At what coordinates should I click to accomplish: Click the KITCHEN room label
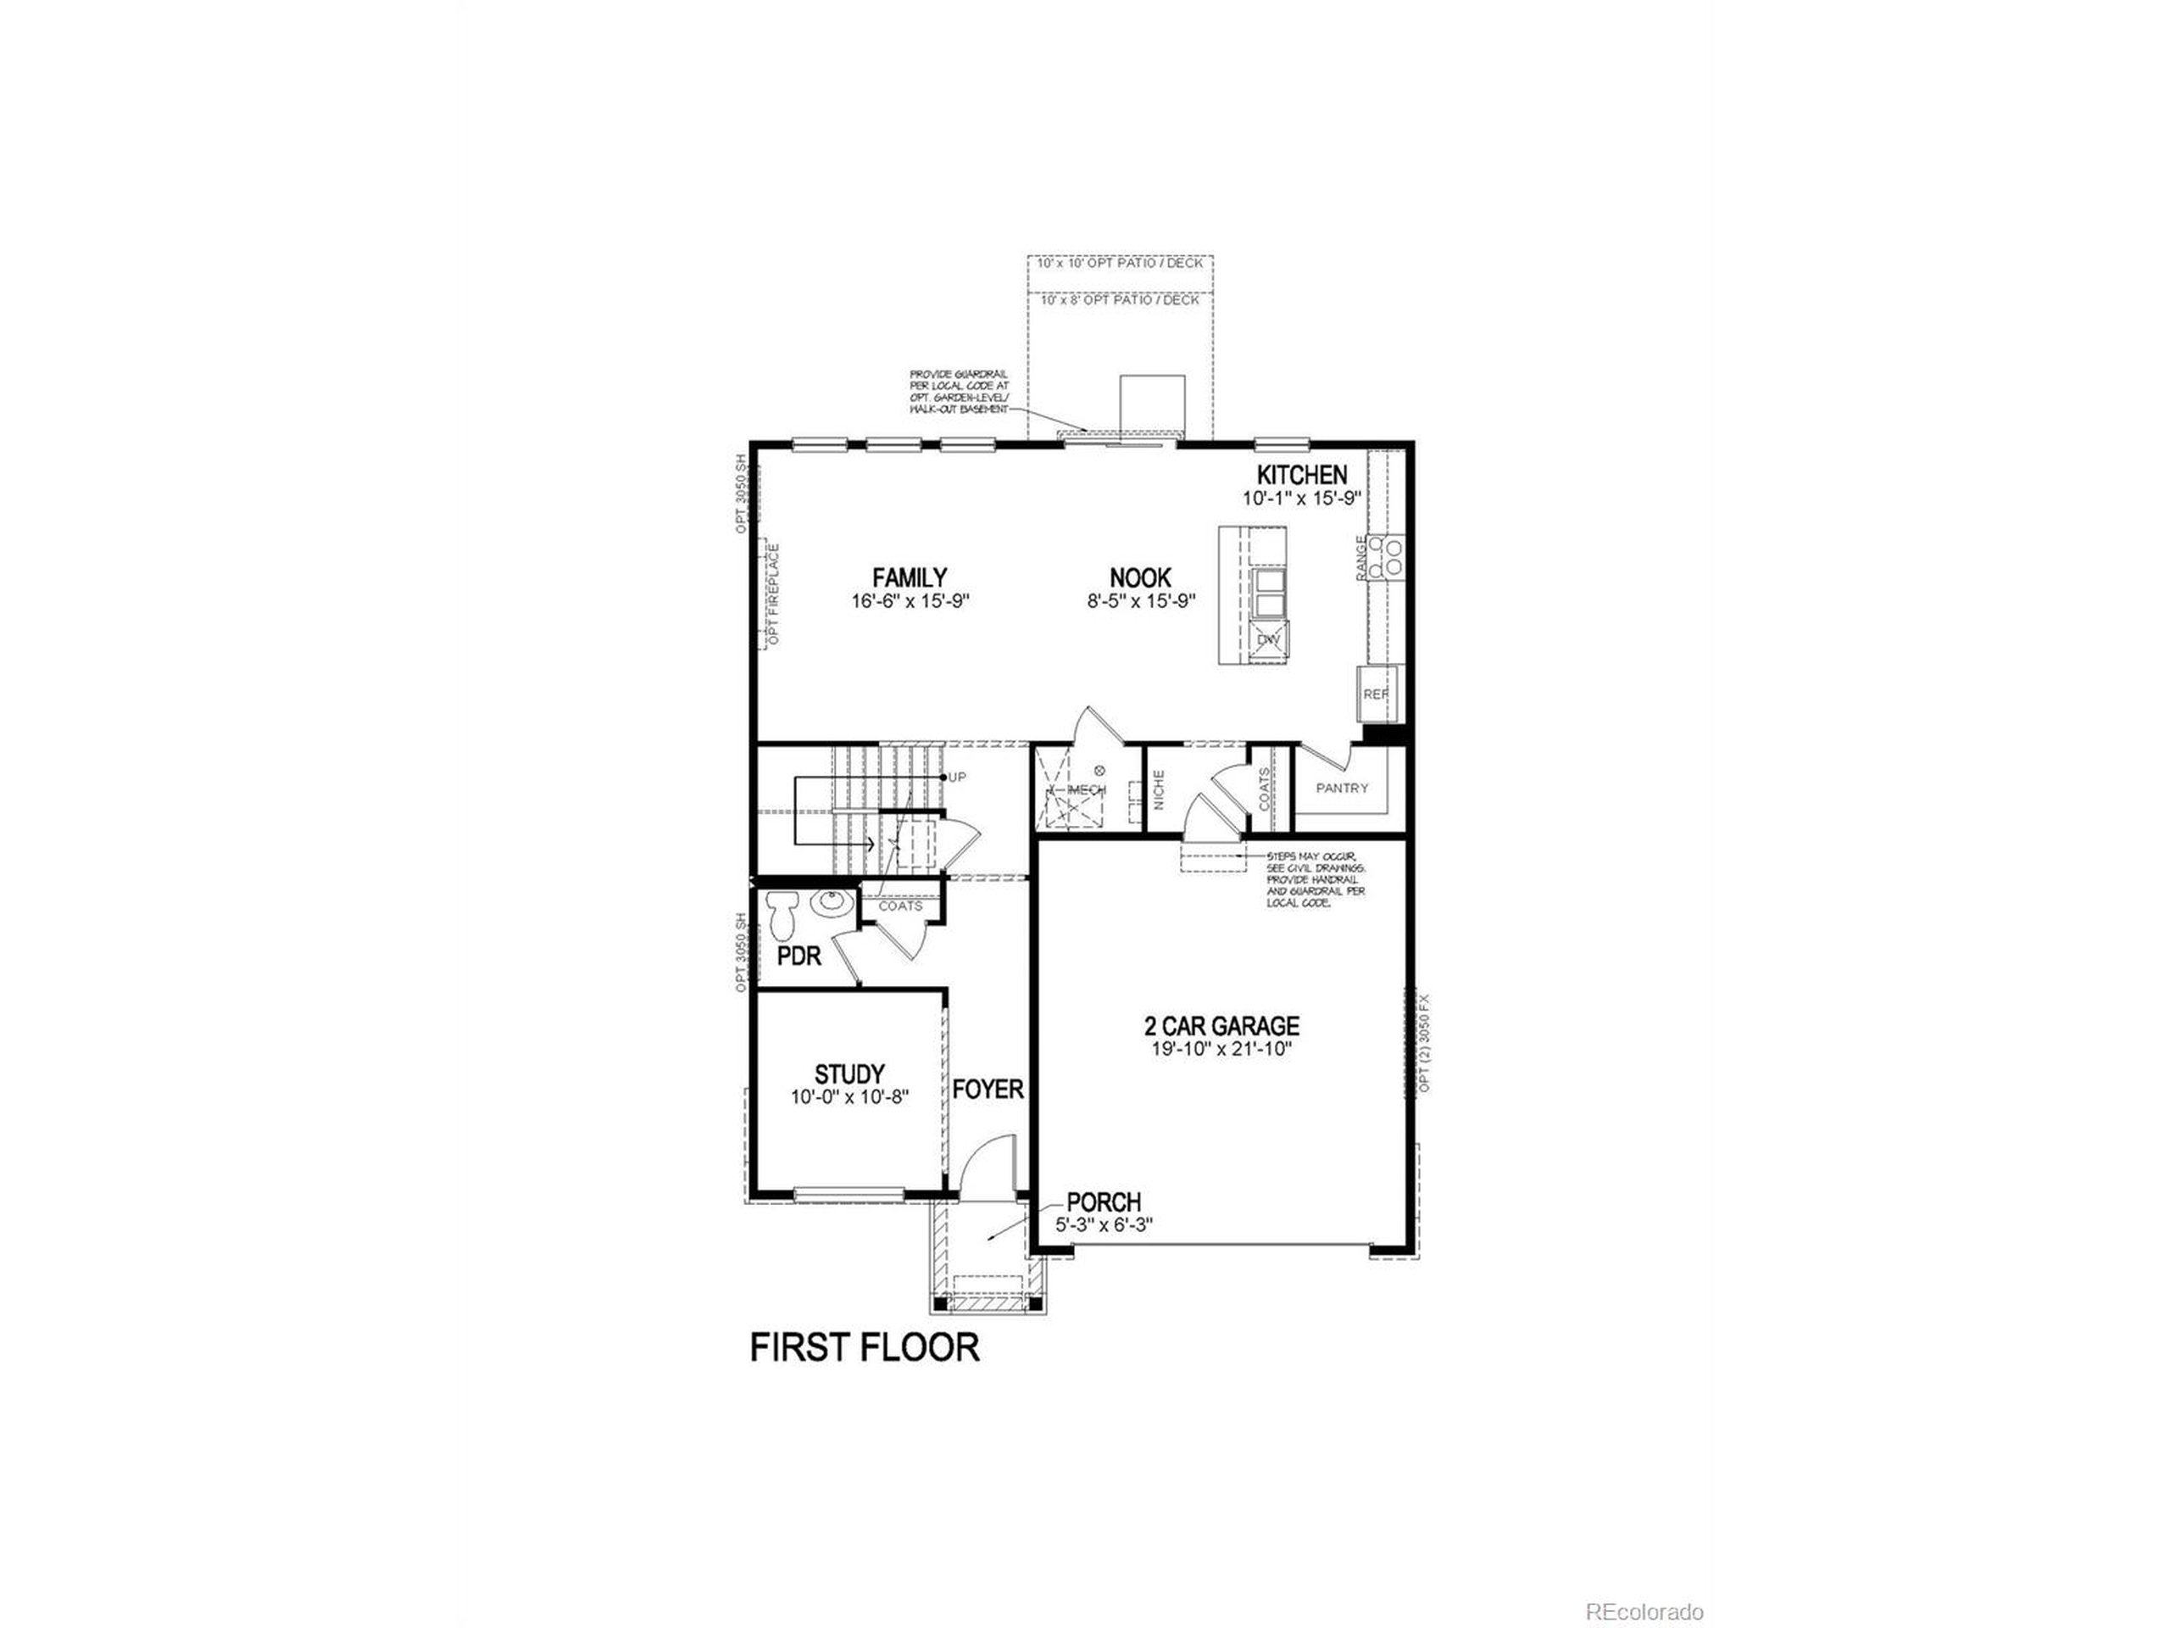coord(1302,475)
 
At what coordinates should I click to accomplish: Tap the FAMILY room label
coord(910,577)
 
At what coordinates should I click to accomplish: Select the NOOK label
coord(1140,578)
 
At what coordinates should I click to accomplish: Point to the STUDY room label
coord(849,1073)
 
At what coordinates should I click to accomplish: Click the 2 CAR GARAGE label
coord(1221,1025)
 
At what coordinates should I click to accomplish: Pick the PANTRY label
coord(1342,788)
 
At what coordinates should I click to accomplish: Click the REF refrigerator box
coord(1376,693)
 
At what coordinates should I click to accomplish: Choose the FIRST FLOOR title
coord(865,1347)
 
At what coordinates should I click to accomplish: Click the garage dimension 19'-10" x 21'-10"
coord(1222,1049)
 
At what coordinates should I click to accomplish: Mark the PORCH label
coord(1104,1201)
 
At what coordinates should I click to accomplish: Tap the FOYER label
coord(988,1090)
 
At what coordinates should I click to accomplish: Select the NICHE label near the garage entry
coord(1159,790)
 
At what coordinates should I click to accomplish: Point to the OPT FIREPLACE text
coord(774,593)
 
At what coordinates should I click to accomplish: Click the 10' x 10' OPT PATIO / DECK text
coord(1121,263)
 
